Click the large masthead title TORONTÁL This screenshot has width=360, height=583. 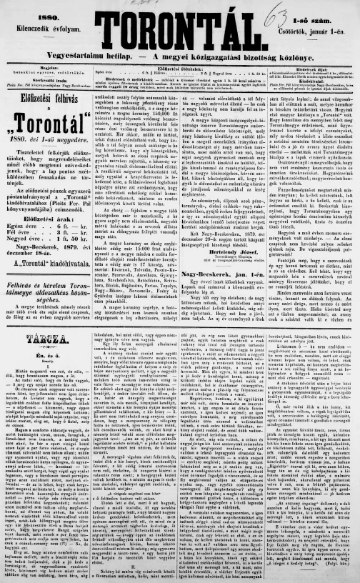[x=181, y=28]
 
